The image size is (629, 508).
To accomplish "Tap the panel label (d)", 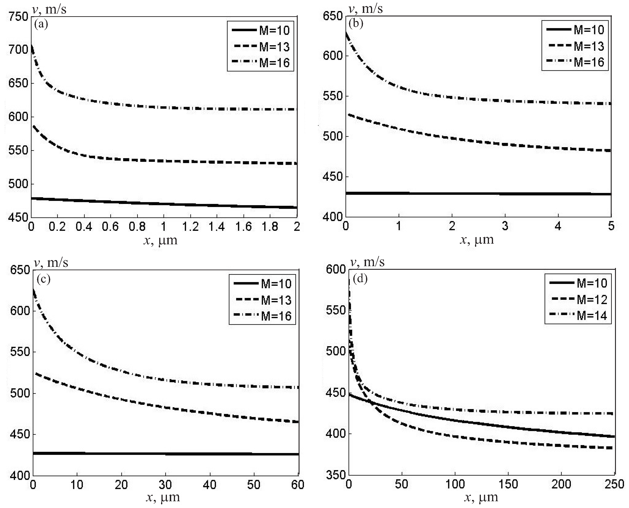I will pyautogui.click(x=360, y=279).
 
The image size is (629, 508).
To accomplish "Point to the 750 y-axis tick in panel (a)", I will pyautogui.click(x=18, y=17).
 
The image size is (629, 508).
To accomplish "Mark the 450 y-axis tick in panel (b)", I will pyautogui.click(x=333, y=177).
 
